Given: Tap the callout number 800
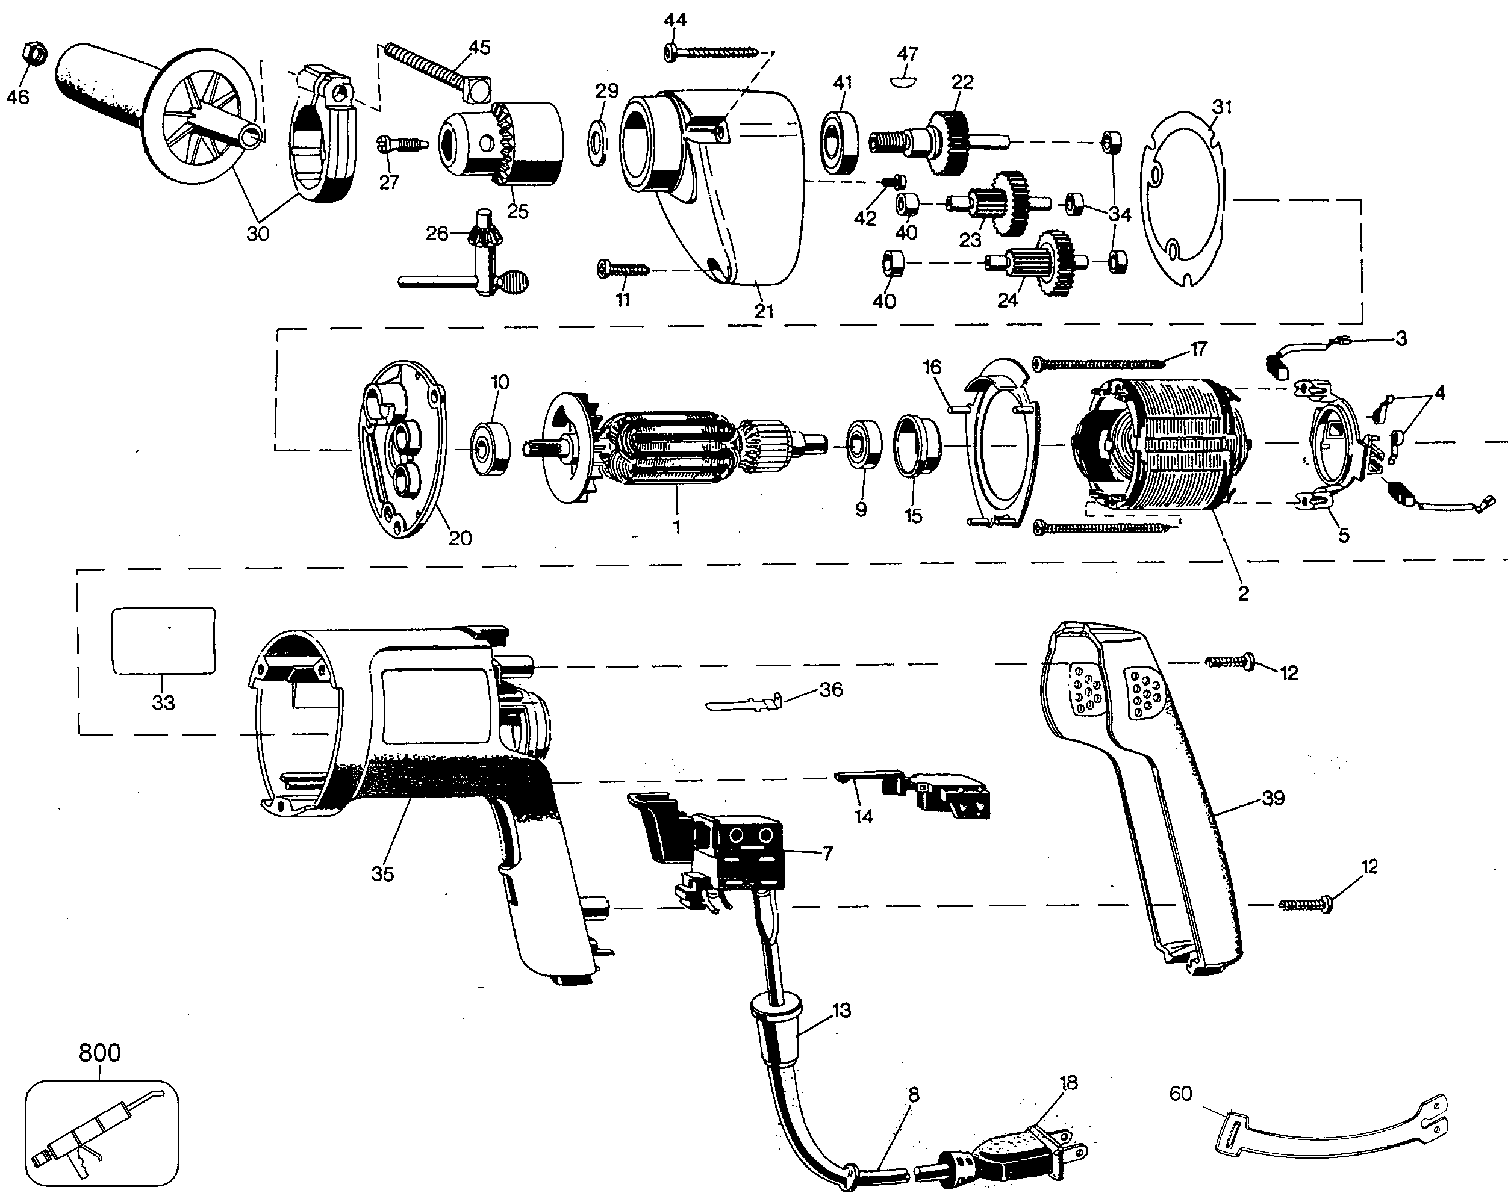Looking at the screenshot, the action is click(99, 1052).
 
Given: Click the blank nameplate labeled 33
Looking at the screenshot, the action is click(164, 640).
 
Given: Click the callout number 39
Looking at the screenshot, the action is click(1273, 798).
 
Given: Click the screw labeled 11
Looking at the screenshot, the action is click(624, 268).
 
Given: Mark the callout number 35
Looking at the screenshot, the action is click(382, 873).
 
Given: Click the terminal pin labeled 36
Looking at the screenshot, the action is click(744, 702).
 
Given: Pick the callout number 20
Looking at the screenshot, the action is click(460, 538).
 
